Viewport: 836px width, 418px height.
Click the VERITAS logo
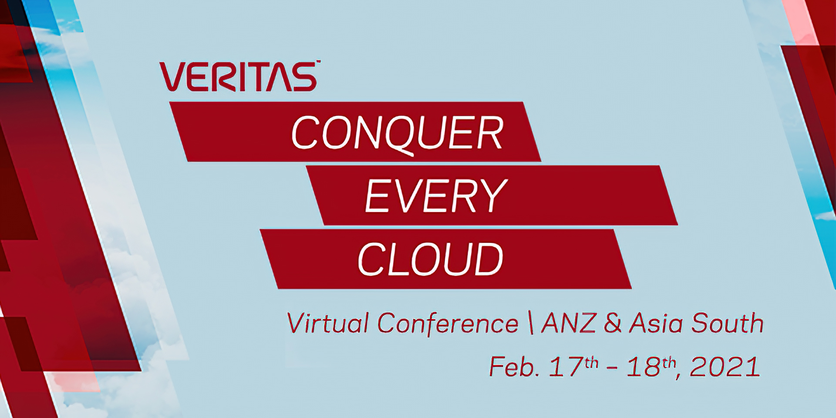click(239, 77)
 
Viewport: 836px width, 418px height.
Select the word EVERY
click(436, 196)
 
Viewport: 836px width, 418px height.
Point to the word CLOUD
click(430, 259)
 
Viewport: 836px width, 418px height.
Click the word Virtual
click(328, 324)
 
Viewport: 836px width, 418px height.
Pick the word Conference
click(448, 324)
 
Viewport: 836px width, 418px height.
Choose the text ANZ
click(568, 323)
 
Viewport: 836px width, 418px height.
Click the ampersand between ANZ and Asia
click(613, 324)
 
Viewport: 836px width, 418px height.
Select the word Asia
click(656, 323)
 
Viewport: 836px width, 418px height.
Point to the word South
click(727, 323)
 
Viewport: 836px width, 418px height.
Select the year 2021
click(725, 367)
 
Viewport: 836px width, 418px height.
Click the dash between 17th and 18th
click(612, 368)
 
